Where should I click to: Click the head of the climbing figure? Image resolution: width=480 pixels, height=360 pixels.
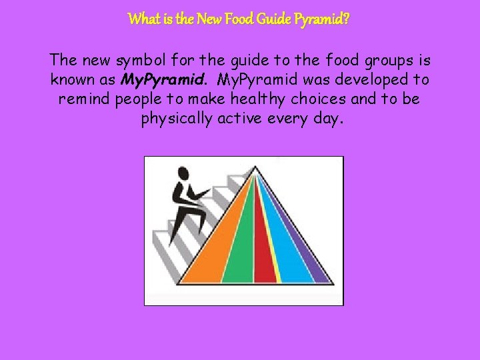(181, 175)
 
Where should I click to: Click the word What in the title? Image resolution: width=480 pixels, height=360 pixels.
(142, 19)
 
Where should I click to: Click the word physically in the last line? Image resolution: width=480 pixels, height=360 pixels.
(177, 120)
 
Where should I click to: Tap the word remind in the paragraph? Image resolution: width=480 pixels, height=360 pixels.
(85, 100)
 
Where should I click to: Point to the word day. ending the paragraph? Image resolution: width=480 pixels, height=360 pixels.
(322, 120)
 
